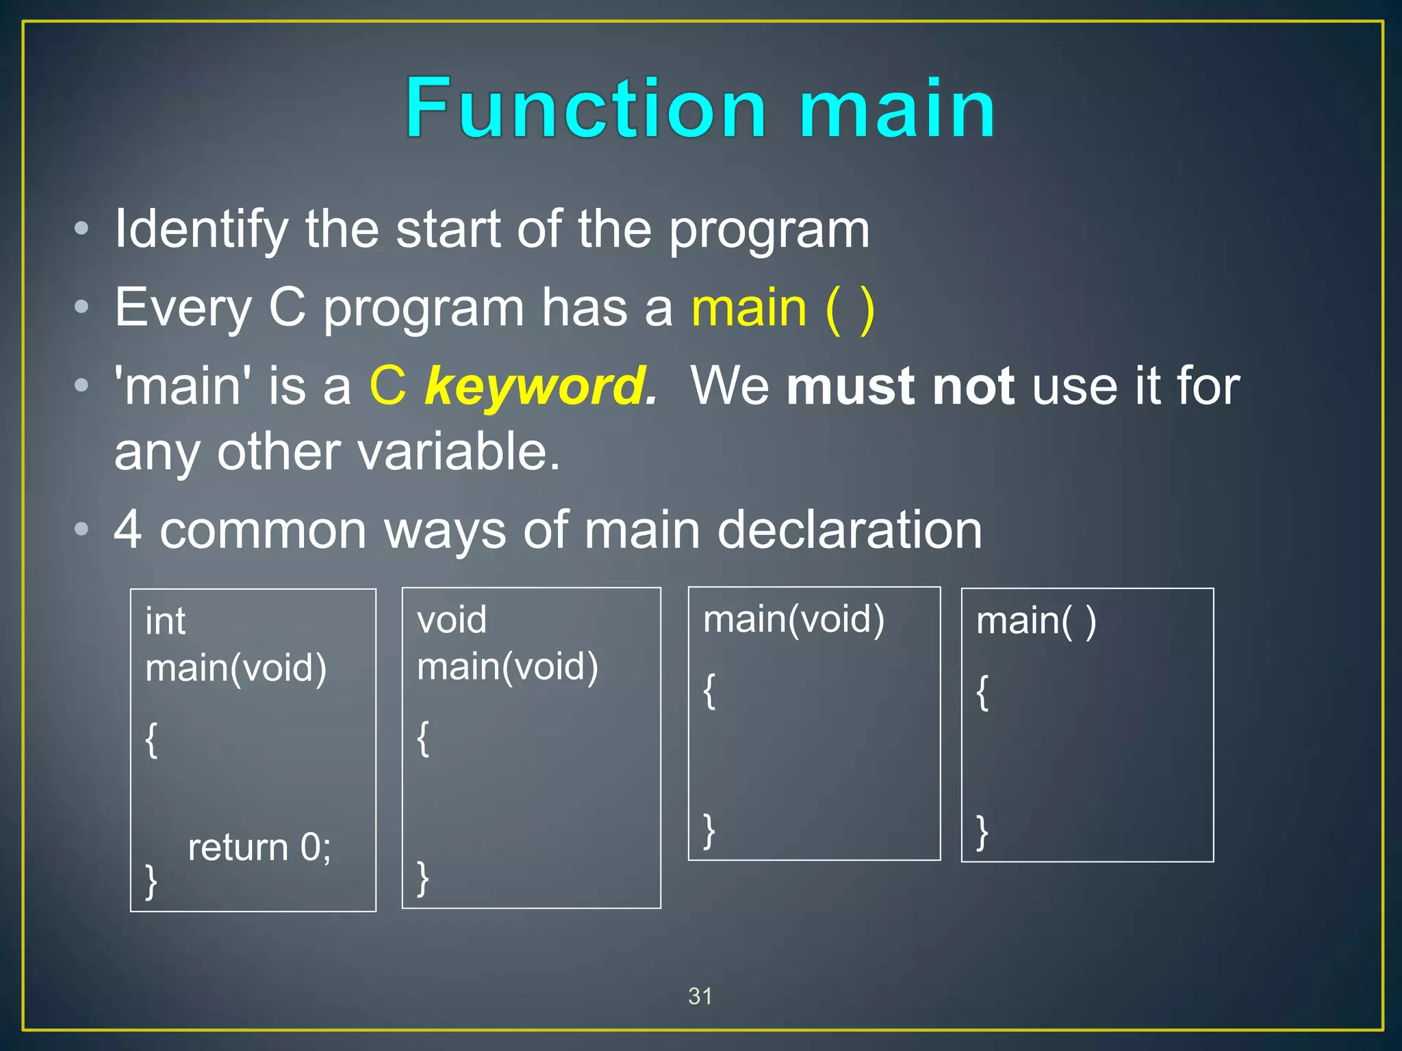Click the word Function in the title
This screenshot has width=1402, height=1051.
pos(585,108)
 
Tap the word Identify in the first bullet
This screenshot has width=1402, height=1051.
pos(201,230)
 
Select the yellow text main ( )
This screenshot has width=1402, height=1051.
pos(782,309)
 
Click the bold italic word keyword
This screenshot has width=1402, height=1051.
pos(539,387)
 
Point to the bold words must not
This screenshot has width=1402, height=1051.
pos(900,386)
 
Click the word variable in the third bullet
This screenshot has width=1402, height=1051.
pos(457,452)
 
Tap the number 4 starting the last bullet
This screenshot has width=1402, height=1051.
pos(128,530)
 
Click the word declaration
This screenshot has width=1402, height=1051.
pos(849,530)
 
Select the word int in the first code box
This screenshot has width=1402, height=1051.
pos(165,621)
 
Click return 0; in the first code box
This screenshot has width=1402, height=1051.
pos(259,847)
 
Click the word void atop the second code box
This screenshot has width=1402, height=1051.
pos(452,620)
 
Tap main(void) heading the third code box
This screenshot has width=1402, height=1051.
pos(793,619)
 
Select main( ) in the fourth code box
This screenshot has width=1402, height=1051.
pos(1036,621)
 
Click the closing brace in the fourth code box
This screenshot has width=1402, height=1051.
pos(982,831)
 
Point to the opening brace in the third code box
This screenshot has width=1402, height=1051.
pos(710,691)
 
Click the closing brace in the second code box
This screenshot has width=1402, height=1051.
pos(423,878)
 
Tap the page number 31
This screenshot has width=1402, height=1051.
pos(700,996)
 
